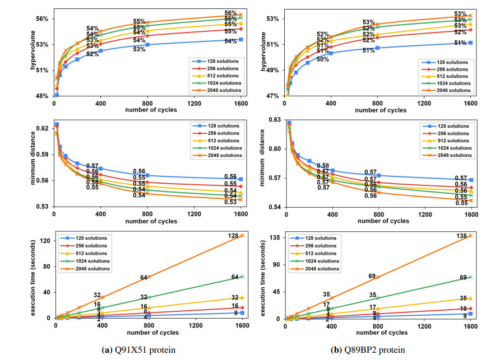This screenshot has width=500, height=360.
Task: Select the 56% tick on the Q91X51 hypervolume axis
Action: click(43, 18)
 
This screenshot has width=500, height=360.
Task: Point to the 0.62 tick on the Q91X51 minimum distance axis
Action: click(43, 129)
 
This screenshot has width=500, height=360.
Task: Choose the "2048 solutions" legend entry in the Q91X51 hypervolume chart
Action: click(220, 90)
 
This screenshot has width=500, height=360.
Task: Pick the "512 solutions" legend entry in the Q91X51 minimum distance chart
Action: click(220, 140)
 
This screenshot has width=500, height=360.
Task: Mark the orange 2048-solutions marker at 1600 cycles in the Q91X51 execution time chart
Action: click(243, 235)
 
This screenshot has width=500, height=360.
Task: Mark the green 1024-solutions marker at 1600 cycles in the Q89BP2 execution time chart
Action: click(470, 277)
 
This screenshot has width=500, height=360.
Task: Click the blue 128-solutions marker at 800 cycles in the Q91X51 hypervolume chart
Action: click(147, 45)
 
